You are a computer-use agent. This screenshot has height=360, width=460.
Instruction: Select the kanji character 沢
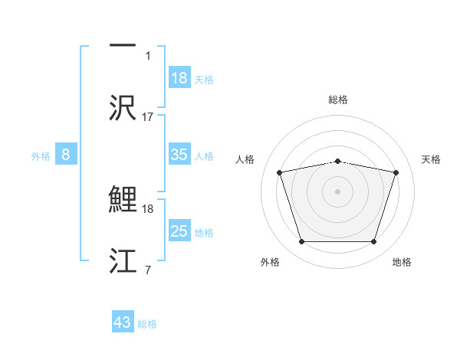coord(123,108)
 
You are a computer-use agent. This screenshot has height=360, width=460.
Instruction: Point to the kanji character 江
coord(123,261)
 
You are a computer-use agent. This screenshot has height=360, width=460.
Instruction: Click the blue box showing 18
coord(179,78)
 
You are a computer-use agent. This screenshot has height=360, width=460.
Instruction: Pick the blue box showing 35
coord(179,155)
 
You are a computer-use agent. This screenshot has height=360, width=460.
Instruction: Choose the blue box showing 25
coord(179,231)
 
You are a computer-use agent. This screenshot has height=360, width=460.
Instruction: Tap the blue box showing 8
coord(66,155)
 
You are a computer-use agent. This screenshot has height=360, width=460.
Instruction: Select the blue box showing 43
coord(123,322)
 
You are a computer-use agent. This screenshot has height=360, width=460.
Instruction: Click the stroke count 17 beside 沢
coord(148,117)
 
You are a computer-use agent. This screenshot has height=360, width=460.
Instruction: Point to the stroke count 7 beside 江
coord(147,270)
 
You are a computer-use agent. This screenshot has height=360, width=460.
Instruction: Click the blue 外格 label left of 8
coord(41,155)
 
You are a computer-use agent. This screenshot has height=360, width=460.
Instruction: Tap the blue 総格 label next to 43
coord(147,323)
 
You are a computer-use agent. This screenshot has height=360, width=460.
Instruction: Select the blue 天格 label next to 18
coord(204,79)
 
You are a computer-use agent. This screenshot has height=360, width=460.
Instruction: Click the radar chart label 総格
coord(338,100)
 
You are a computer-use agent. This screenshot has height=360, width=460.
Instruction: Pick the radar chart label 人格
coord(245,159)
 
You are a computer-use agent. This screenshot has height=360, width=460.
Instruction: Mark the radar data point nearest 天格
coord(396,173)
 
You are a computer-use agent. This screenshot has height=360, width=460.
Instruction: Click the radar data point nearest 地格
coord(373,241)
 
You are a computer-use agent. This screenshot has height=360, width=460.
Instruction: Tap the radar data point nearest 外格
coord(301,241)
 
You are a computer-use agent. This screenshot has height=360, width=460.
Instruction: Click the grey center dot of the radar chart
coord(337,191)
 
